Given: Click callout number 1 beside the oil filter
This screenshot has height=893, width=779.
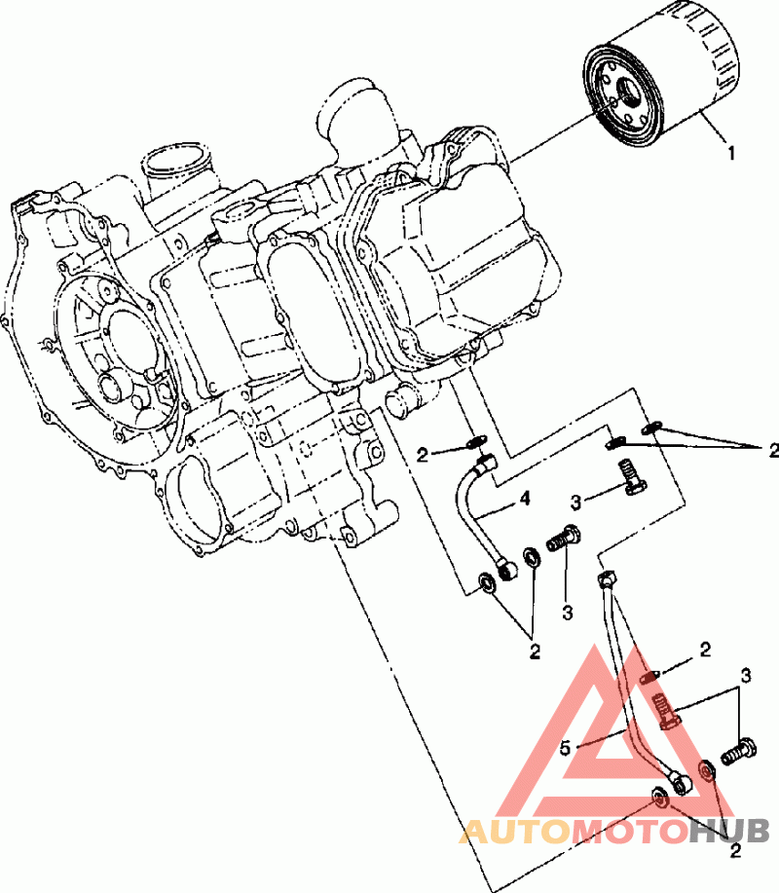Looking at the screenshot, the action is tap(731, 153).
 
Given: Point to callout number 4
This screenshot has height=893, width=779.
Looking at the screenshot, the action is tap(525, 499).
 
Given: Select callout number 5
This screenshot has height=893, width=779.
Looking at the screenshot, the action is tap(565, 748).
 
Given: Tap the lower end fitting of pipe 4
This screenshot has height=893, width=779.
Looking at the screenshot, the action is tap(506, 570).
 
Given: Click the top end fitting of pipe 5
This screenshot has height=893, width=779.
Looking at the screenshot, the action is tap(607, 579).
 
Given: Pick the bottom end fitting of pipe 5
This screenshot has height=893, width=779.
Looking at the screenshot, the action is tap(682, 783).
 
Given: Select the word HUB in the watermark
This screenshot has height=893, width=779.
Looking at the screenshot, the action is tap(730, 832).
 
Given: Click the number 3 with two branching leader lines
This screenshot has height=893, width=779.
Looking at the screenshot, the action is tap(745, 676).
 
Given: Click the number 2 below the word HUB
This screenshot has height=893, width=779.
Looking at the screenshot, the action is tap(736, 851).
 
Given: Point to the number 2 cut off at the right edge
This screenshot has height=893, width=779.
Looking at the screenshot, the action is tap(773, 451).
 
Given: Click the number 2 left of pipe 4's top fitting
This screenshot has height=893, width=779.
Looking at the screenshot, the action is tap(422, 455).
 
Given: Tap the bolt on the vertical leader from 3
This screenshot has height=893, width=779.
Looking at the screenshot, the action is tap(564, 539).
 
